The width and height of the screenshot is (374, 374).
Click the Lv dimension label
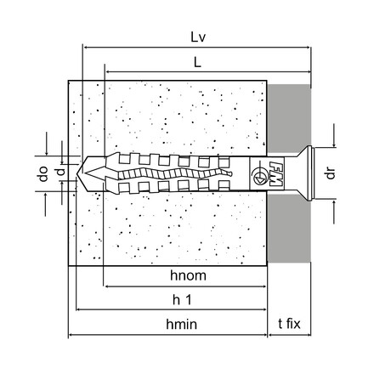(198, 37)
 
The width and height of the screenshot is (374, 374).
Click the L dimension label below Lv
(197, 62)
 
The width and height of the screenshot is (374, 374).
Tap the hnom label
(188, 275)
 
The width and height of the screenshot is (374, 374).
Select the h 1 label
(182, 300)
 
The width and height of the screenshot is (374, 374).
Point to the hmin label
(181, 324)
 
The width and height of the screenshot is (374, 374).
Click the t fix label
(289, 324)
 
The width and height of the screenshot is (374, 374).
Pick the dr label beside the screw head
(331, 173)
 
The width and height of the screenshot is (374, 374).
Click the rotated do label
(43, 173)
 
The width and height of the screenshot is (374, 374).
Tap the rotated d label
(60, 172)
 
